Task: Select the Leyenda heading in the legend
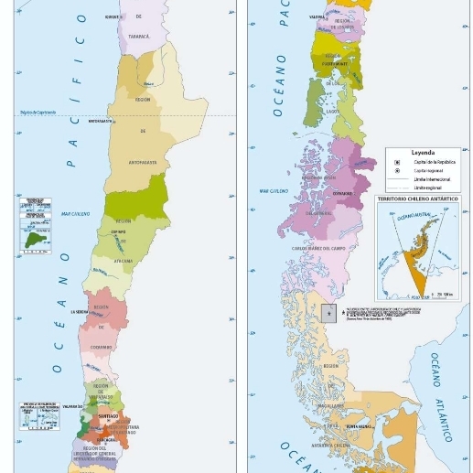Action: click(x=423, y=153)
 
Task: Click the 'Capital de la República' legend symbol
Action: click(x=397, y=162)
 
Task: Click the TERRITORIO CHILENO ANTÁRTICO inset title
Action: click(x=419, y=199)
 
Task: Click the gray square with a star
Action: click(x=328, y=313)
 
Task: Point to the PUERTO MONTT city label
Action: click(x=334, y=64)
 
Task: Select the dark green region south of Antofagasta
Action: click(x=141, y=199)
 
